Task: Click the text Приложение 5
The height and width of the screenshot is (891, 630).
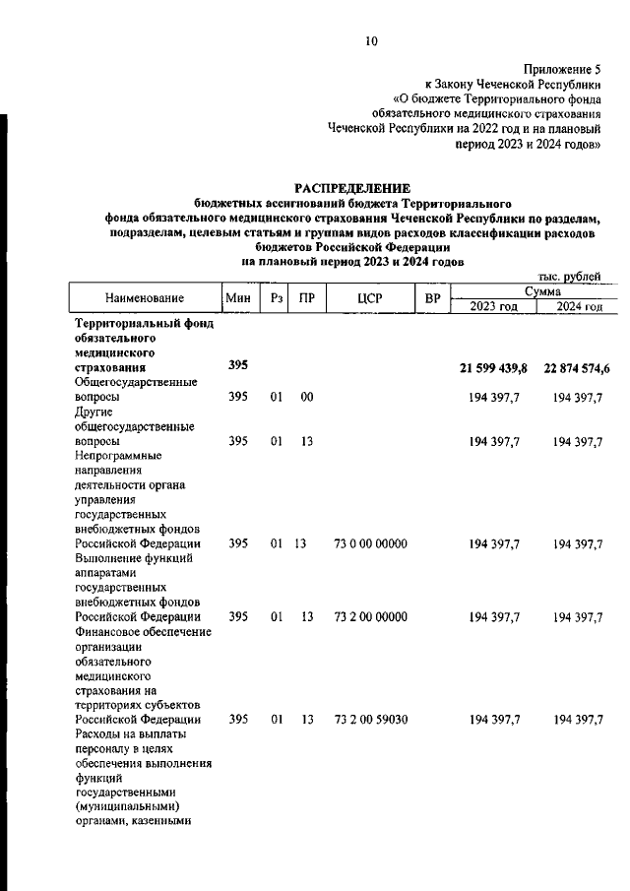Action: [564, 70]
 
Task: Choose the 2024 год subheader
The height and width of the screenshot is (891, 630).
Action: [579, 306]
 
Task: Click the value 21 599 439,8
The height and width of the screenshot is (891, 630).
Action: [494, 367]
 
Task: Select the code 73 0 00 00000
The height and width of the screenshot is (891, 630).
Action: [370, 543]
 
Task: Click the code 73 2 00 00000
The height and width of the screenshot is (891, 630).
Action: [370, 617]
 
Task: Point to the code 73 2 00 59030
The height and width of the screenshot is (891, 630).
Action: [370, 721]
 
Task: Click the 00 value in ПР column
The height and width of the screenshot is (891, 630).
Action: [307, 397]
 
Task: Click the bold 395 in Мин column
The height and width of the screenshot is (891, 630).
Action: [238, 366]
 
